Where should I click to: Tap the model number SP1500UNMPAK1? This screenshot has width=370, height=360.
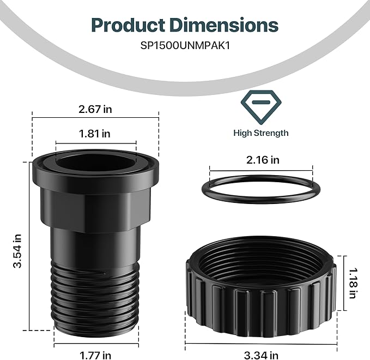click(x=185, y=46)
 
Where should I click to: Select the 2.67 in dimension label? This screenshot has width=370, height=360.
click(x=95, y=109)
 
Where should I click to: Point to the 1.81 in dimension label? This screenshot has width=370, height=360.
click(x=95, y=133)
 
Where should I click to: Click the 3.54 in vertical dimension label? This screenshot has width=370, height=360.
click(x=18, y=251)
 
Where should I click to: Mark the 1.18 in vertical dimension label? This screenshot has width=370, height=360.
click(x=353, y=283)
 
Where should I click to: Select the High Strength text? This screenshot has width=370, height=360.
click(x=260, y=133)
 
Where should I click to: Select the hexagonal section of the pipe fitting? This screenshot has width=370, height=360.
click(x=95, y=202)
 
